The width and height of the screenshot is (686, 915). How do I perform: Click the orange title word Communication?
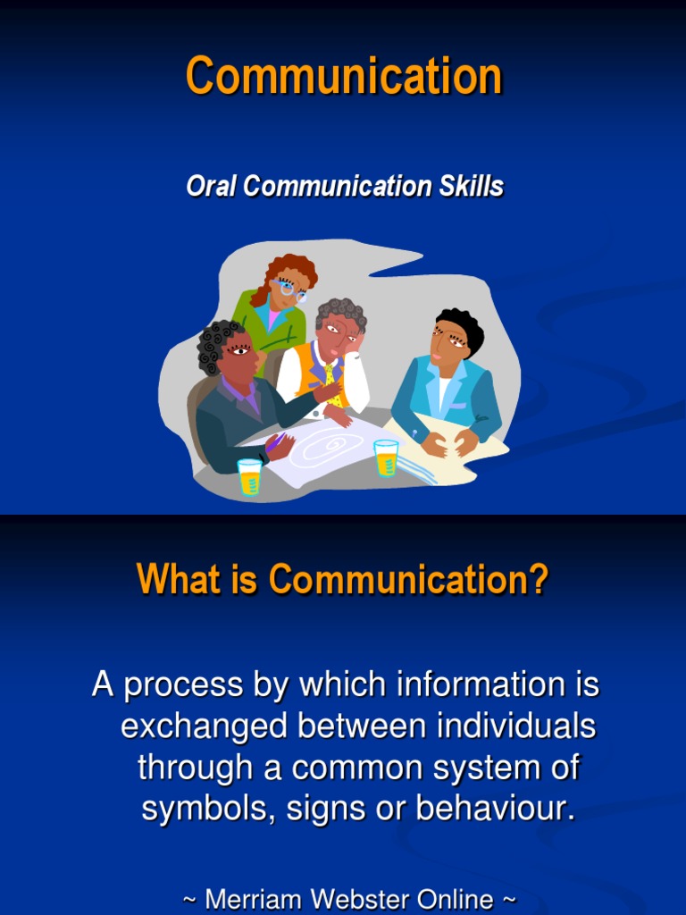pyautogui.click(x=344, y=76)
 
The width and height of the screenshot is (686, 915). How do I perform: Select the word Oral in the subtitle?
pyautogui.click(x=212, y=187)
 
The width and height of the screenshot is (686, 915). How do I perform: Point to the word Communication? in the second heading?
pyautogui.click(x=408, y=581)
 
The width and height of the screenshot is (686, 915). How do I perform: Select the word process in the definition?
pyautogui.click(x=183, y=686)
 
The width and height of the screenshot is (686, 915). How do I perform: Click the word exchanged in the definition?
pyautogui.click(x=205, y=726)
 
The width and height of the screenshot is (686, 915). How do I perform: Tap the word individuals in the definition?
pyautogui.click(x=516, y=726)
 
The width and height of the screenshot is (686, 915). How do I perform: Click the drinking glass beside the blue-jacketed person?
pyautogui.click(x=386, y=457)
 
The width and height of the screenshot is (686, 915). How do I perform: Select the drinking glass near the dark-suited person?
pyautogui.click(x=250, y=476)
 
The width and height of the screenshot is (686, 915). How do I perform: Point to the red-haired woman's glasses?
pyautogui.click(x=290, y=290)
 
